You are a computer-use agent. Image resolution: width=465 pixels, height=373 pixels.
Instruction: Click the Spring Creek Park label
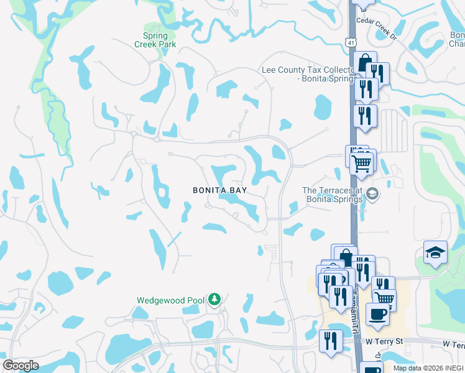click(155, 40)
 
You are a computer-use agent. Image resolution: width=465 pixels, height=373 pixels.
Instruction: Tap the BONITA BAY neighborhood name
click(219, 190)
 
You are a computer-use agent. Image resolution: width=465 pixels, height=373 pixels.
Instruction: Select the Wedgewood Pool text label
click(170, 300)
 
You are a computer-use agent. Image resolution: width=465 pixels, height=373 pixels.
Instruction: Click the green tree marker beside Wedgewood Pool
click(214, 300)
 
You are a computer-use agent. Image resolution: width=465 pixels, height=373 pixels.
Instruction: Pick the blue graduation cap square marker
click(435, 252)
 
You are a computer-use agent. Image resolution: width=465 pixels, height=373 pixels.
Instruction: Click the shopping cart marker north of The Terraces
click(361, 163)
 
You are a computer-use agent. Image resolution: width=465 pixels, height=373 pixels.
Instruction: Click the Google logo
click(21, 366)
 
